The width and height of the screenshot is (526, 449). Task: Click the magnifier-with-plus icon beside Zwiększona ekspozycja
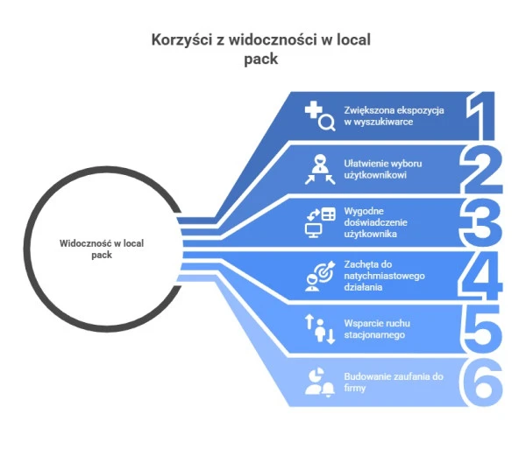[x=319, y=116]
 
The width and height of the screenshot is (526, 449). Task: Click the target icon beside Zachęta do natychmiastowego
[x=319, y=276]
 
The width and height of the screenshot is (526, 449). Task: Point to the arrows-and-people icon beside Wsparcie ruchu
[x=319, y=329]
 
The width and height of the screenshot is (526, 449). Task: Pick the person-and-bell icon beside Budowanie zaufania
[x=319, y=382]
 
